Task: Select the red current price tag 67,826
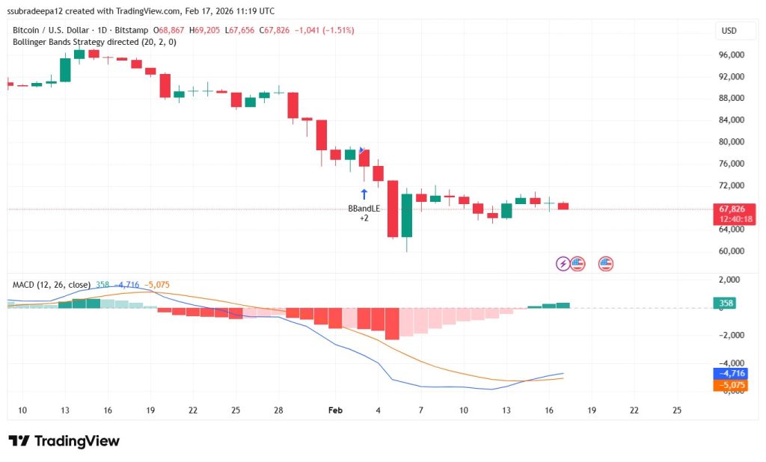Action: [x=731, y=209]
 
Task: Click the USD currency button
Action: [x=728, y=31]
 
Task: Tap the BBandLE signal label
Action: [x=364, y=209]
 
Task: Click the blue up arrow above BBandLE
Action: [x=364, y=194]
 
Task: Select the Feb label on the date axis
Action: [x=335, y=410]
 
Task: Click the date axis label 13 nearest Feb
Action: [x=506, y=410]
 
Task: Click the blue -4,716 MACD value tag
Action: [x=731, y=373]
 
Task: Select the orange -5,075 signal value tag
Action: [x=731, y=385]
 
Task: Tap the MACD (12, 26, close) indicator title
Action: [x=51, y=285]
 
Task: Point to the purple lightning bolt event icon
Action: [x=563, y=263]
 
